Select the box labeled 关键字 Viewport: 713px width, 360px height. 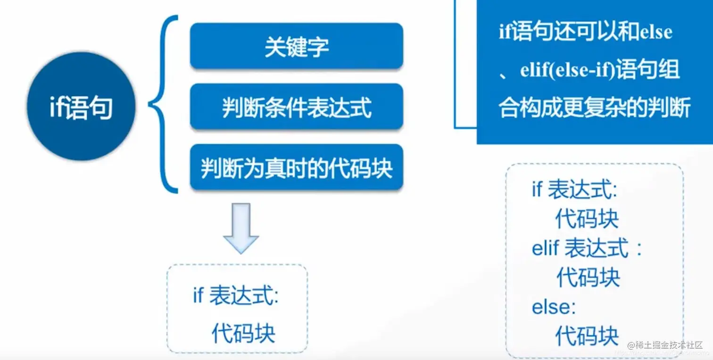click(x=296, y=46)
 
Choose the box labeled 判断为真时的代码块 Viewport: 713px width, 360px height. click(x=296, y=167)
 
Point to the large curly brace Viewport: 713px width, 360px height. click(x=163, y=105)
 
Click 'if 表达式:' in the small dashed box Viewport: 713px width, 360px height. click(x=236, y=296)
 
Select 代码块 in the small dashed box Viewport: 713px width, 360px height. click(x=243, y=333)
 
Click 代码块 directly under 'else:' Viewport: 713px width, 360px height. click(x=587, y=336)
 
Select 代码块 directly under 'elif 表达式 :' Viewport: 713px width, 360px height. click(x=588, y=277)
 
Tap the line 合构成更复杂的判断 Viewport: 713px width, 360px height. click(x=595, y=108)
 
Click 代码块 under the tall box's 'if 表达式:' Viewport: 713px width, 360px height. click(x=587, y=219)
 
